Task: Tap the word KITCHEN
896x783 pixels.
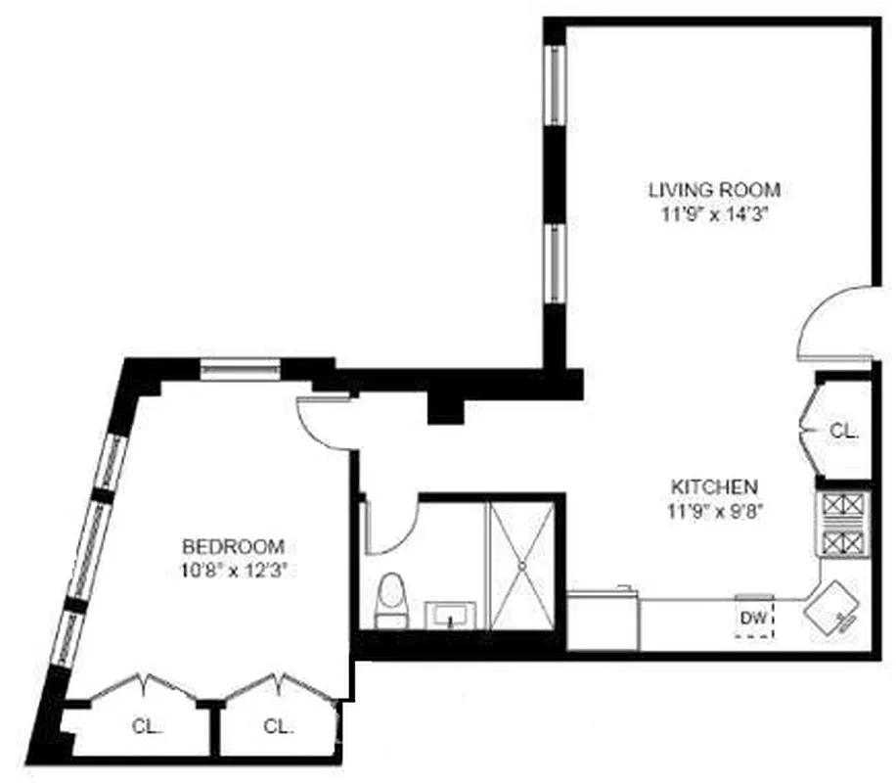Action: click(x=713, y=486)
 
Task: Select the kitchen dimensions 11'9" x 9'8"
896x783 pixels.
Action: click(x=713, y=509)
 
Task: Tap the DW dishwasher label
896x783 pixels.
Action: click(x=753, y=619)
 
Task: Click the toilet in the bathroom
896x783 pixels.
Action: click(x=391, y=600)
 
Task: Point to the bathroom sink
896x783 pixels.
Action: click(x=452, y=616)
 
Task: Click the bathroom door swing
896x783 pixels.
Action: click(x=391, y=529)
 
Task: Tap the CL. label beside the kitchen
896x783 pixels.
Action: click(x=842, y=431)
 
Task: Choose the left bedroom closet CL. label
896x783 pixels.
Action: click(x=147, y=726)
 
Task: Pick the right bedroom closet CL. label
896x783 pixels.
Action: click(x=279, y=726)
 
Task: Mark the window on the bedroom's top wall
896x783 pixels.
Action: click(x=241, y=369)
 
